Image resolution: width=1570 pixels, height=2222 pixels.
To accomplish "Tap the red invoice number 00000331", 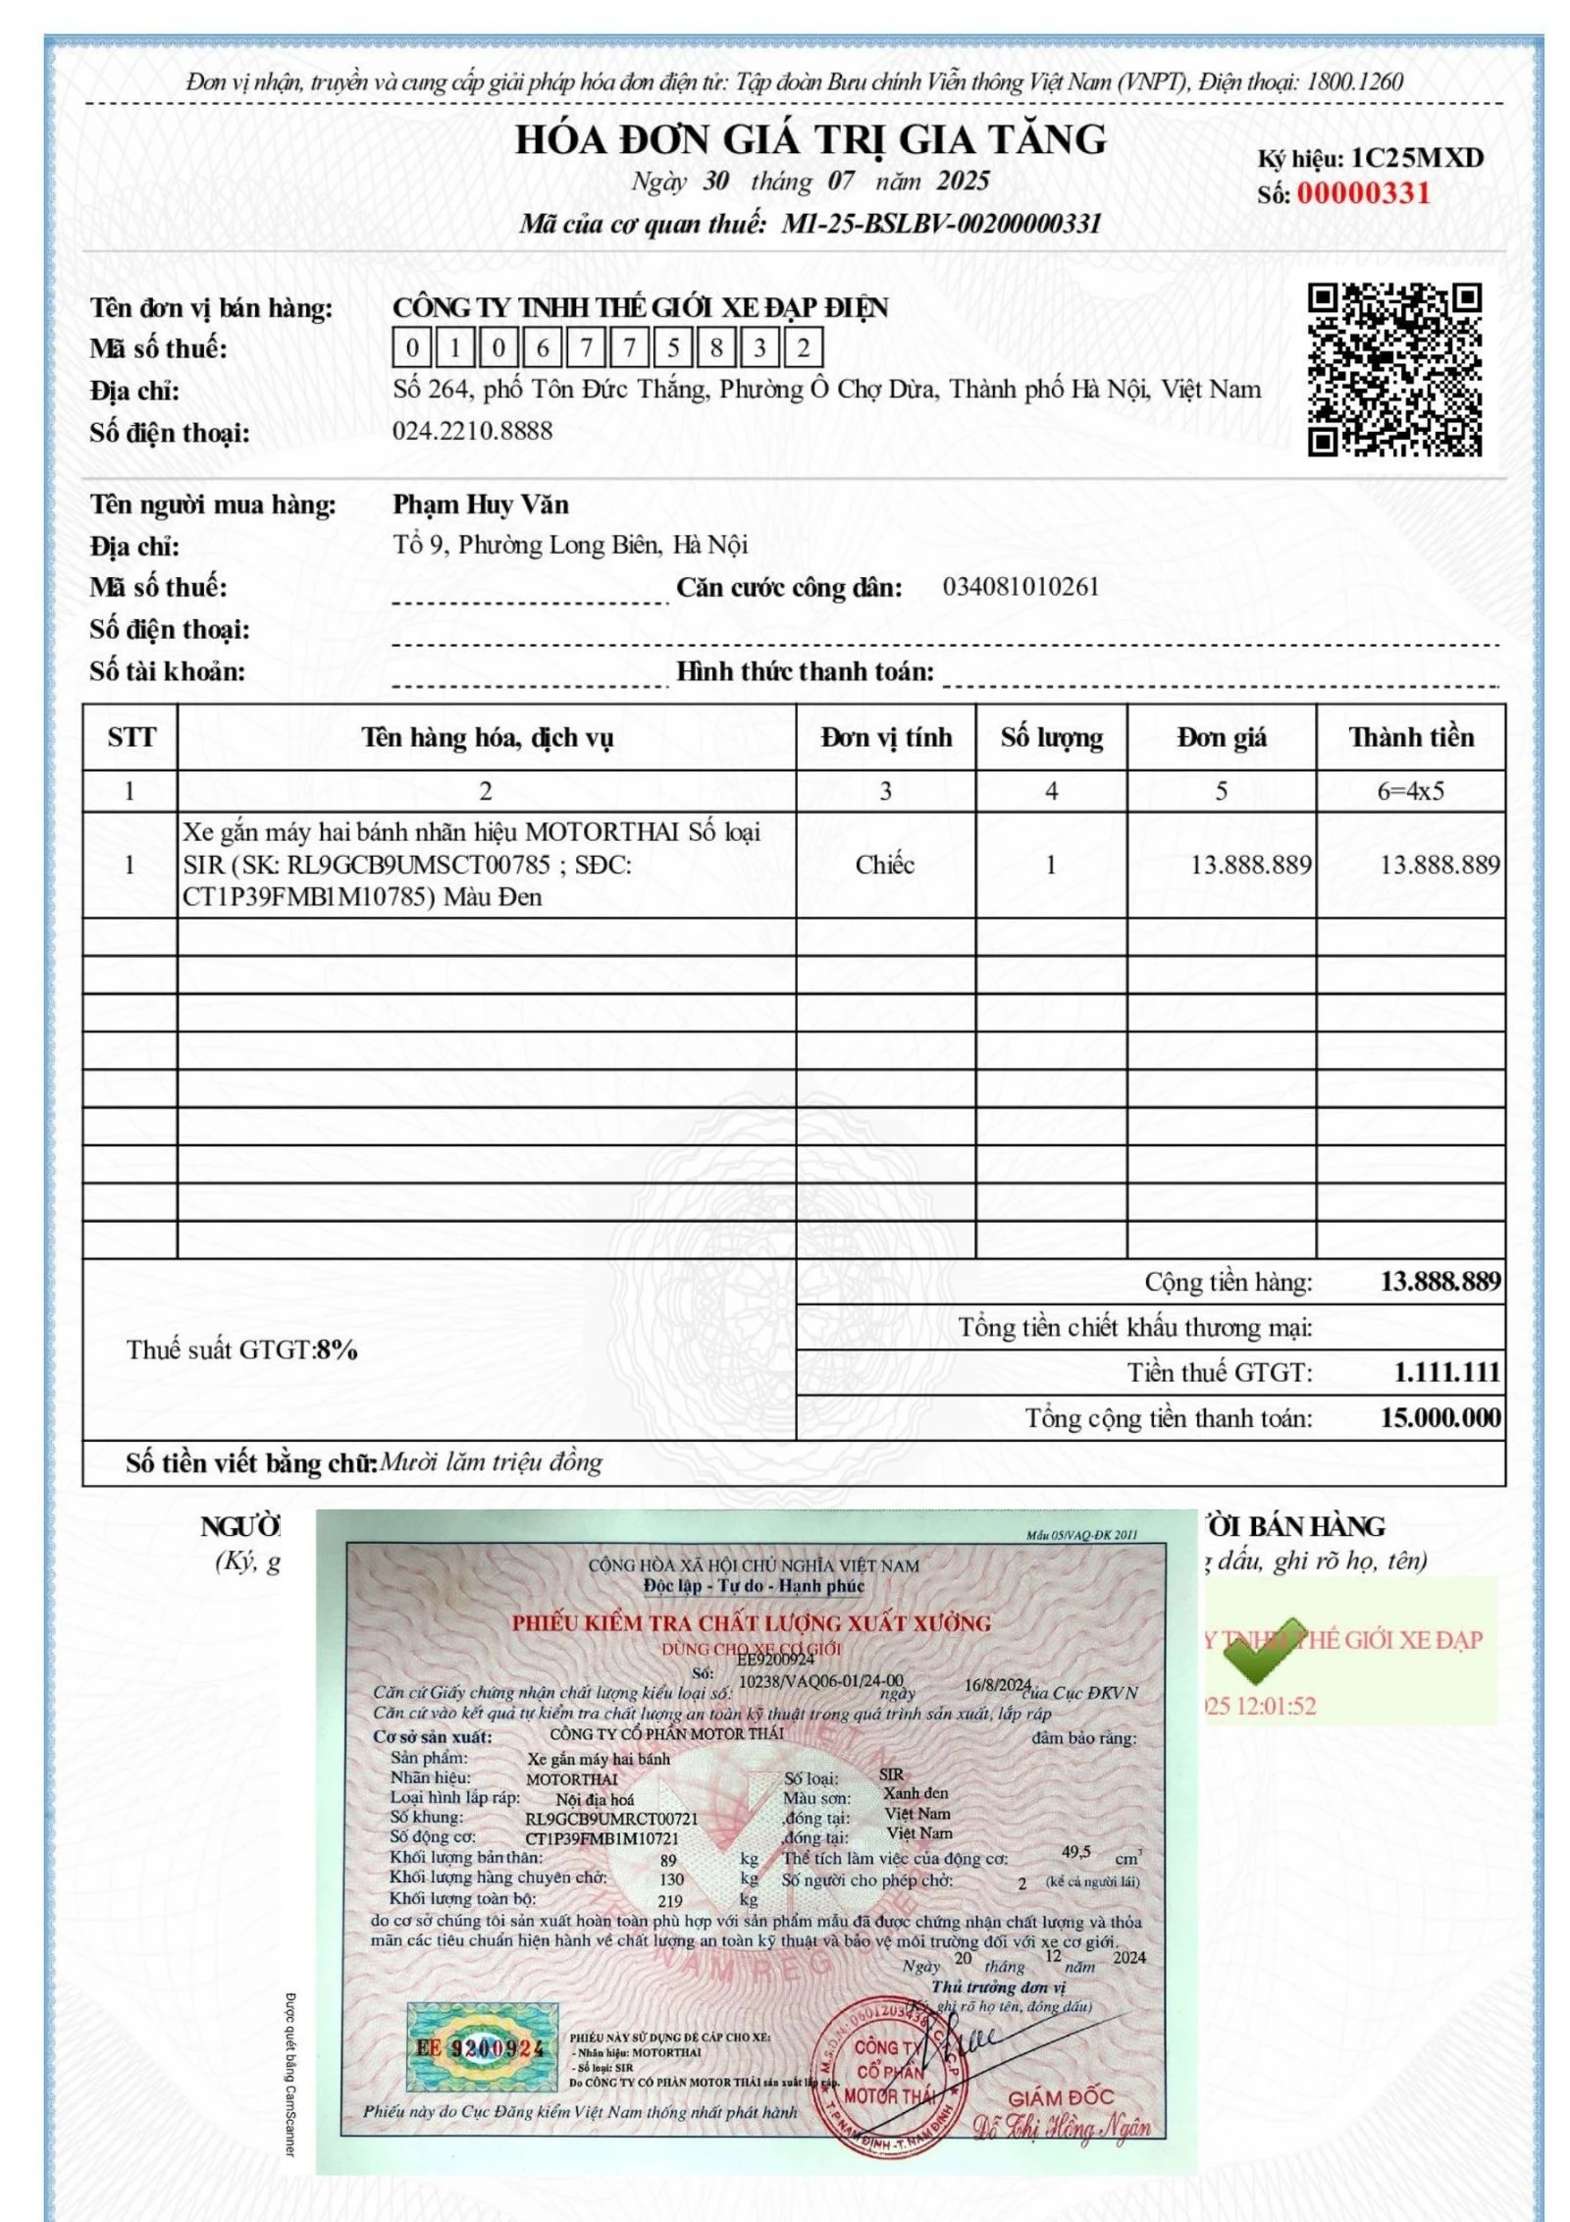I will pyautogui.click(x=1364, y=193).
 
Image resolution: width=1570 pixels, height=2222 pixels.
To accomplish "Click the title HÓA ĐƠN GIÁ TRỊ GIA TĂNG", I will pyautogui.click(x=811, y=140).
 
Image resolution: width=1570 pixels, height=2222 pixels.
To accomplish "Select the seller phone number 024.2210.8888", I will pyautogui.click(x=472, y=431).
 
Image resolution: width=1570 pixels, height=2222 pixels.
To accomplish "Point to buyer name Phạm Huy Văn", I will pyautogui.click(x=481, y=504).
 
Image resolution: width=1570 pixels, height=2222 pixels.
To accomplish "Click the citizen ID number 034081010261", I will pyautogui.click(x=1020, y=587).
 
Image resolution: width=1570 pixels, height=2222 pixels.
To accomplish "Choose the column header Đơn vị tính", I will pyautogui.click(x=886, y=737).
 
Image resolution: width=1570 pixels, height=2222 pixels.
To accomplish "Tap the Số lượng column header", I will pyautogui.click(x=1051, y=737).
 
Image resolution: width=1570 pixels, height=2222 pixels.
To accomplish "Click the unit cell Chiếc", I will pyautogui.click(x=884, y=865).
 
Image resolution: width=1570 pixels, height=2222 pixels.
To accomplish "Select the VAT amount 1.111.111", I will pyautogui.click(x=1446, y=1372).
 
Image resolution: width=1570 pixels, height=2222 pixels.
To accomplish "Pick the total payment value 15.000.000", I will pyautogui.click(x=1439, y=1417).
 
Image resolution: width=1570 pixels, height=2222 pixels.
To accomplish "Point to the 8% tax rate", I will pyautogui.click(x=337, y=1350).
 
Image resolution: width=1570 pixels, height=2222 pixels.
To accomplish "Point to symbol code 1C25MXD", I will pyautogui.click(x=1416, y=158).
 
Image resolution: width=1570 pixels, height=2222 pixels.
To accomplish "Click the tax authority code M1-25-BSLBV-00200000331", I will pyautogui.click(x=940, y=225).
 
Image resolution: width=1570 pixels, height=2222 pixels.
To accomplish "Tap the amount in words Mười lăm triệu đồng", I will pyautogui.click(x=490, y=1463).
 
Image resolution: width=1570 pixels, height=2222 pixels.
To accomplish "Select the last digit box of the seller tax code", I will pyautogui.click(x=804, y=348).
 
